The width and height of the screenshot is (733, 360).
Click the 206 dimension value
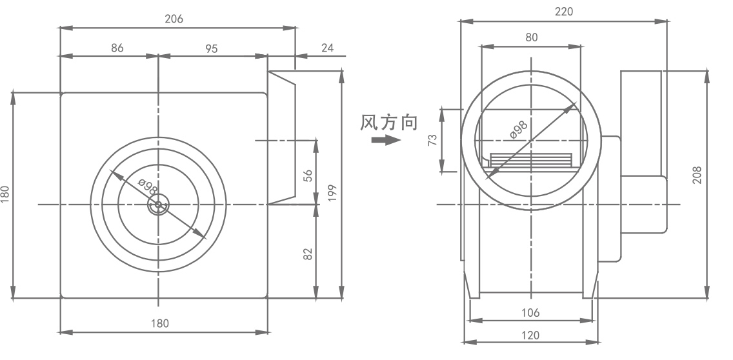point(174,19)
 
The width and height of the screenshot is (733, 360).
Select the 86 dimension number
point(117,48)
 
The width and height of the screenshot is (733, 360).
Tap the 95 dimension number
point(212,48)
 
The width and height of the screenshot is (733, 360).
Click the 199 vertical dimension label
point(332,192)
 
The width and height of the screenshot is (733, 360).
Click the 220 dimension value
point(563,11)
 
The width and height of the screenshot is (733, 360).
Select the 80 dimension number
point(531,37)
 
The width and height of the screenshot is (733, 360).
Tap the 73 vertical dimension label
point(433,140)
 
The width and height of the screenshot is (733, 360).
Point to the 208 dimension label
point(698,174)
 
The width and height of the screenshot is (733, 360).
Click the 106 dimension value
point(530,313)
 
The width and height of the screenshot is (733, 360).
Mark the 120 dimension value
point(530,335)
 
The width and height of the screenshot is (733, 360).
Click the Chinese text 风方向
point(388,123)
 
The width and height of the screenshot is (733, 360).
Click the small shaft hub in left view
point(157,205)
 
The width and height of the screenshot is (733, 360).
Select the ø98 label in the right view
point(519,128)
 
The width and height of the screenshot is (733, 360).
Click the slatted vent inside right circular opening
point(530,160)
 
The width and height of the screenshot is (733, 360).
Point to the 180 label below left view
point(160,323)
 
